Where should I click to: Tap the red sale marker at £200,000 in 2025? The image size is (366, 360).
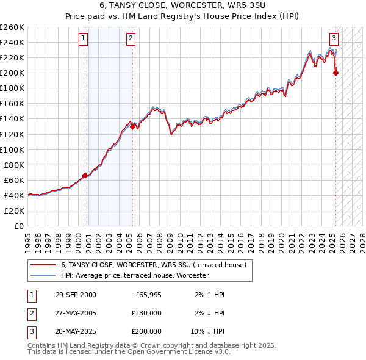pyautogui.click(x=335, y=73)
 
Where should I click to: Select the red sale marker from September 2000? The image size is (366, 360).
pyautogui.click(x=85, y=175)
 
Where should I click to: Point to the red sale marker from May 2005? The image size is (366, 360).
pyautogui.click(x=132, y=126)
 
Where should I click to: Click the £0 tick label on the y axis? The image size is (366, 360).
pyautogui.click(x=18, y=226)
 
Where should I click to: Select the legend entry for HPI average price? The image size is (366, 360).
pyautogui.click(x=134, y=276)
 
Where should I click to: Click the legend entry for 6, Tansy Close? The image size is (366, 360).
pyautogui.click(x=153, y=265)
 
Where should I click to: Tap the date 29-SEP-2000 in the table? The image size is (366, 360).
pyautogui.click(x=76, y=295)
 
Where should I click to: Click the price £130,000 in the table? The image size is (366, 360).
pyautogui.click(x=147, y=313)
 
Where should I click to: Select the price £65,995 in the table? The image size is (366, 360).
pyautogui.click(x=148, y=295)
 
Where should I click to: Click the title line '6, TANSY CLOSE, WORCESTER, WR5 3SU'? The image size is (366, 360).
pyautogui.click(x=183, y=5)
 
